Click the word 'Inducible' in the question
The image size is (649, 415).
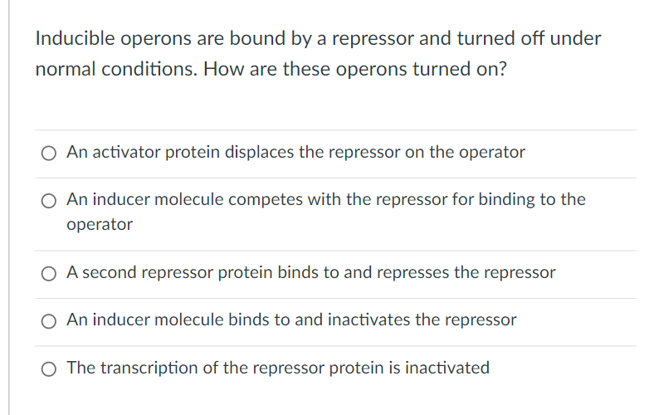[75, 38]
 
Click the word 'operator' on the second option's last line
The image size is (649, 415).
[100, 225]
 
